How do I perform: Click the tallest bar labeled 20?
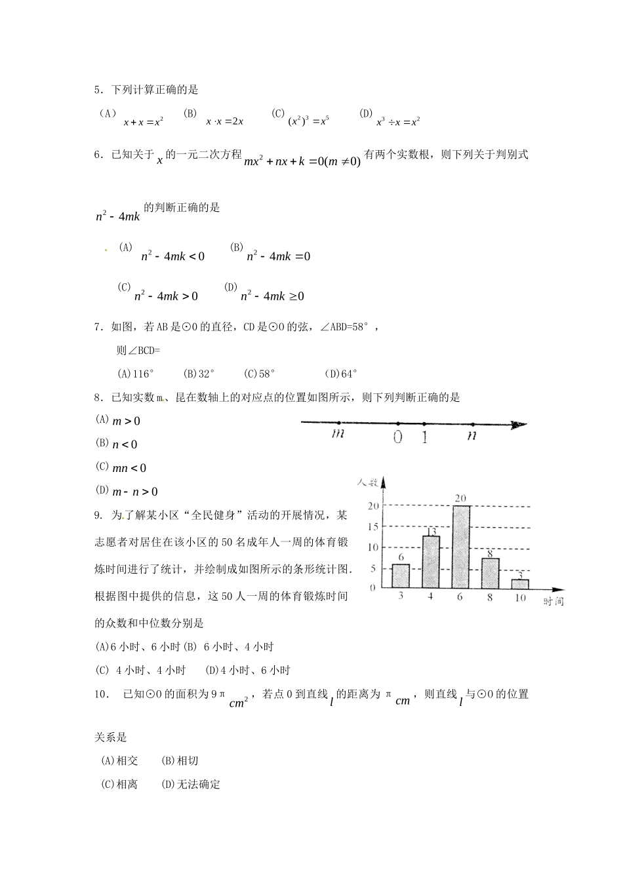pos(461,547)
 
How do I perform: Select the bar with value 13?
pos(430,562)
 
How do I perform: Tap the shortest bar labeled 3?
pos(520,583)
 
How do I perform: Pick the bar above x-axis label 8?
pos(491,573)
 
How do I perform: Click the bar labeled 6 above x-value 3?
pos(401,576)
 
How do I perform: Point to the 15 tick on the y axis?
pos(372,526)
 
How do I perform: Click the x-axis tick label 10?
pos(520,598)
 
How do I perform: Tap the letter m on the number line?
pos(338,434)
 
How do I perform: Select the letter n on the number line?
pos(471,435)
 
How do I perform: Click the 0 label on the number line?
pos(397,437)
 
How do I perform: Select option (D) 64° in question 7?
pos(340,374)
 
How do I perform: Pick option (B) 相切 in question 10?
pos(179,760)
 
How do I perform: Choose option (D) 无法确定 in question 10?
pos(190,784)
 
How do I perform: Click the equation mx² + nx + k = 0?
pos(302,162)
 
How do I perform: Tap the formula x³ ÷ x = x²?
pos(397,121)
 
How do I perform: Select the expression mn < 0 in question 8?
pos(129,468)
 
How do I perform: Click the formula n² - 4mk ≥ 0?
pos(272,296)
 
